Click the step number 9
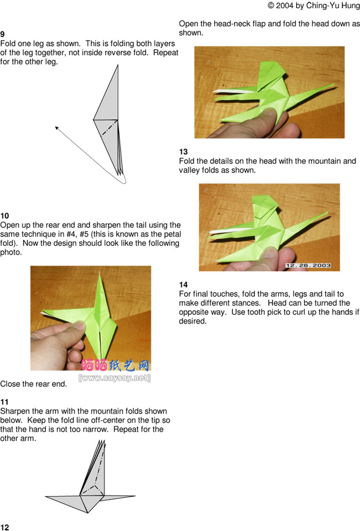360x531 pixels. tap(2, 34)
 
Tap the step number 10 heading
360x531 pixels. tap(5, 216)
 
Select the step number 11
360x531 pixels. tap(5, 402)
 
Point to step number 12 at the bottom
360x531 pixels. tap(5, 528)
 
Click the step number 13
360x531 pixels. tap(183, 152)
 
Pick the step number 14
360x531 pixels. tap(183, 285)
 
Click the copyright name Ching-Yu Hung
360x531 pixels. tap(333, 6)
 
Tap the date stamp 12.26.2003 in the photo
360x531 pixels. tap(308, 265)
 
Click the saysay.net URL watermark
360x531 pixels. tap(114, 378)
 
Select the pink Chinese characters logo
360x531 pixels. tap(116, 365)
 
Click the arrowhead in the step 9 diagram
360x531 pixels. tap(57, 128)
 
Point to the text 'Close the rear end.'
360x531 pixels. tap(34, 384)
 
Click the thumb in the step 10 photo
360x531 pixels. tap(74, 329)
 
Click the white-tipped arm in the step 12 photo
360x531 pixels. tap(235, 91)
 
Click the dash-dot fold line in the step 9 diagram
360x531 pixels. tap(110, 128)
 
